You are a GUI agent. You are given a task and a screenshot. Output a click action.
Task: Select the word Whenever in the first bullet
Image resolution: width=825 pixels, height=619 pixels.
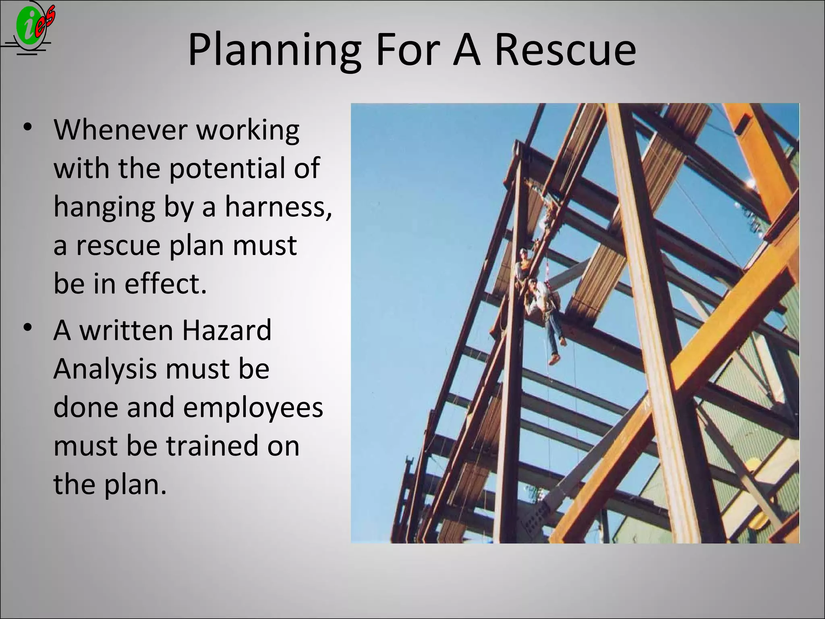pyautogui.click(x=120, y=130)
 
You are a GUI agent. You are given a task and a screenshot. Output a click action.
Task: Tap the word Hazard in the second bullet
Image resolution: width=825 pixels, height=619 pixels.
pyautogui.click(x=226, y=330)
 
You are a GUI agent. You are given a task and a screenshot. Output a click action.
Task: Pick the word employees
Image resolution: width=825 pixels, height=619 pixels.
pyautogui.click(x=253, y=407)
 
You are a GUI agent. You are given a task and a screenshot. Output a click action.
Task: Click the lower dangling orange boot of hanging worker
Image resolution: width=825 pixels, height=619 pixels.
pyautogui.click(x=555, y=359)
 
